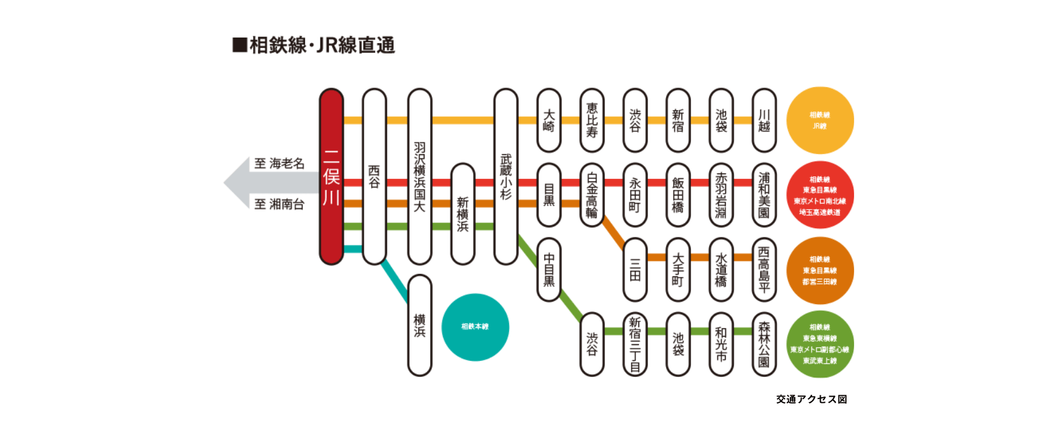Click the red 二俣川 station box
[331, 177]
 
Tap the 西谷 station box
[375, 177]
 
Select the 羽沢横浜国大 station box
[420, 177]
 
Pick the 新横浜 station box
[463, 214]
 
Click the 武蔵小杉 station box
[506, 177]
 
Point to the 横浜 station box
[420, 325]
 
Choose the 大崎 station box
[549, 120]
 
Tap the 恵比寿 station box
[592, 120]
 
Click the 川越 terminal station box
[764, 120]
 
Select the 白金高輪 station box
[592, 195]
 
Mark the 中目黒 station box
[549, 270]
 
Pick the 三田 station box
[635, 270]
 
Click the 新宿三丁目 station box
[635, 344]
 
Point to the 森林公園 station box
[764, 344]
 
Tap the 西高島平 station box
[764, 270]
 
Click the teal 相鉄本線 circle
[475, 327]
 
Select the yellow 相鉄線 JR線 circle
[820, 120]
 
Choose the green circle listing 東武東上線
[820, 344]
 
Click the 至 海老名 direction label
[280, 163]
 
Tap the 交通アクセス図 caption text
[811, 399]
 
